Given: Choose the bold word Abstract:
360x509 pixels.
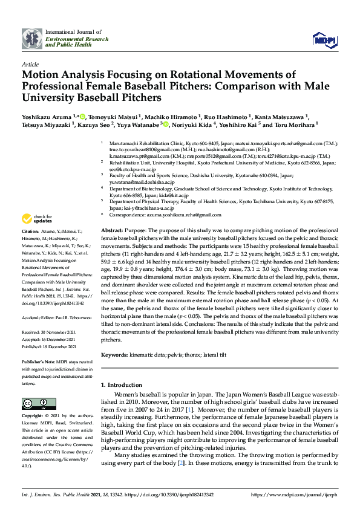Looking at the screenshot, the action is pos(112,231).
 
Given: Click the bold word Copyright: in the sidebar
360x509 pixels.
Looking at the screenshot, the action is pos(33,417).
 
